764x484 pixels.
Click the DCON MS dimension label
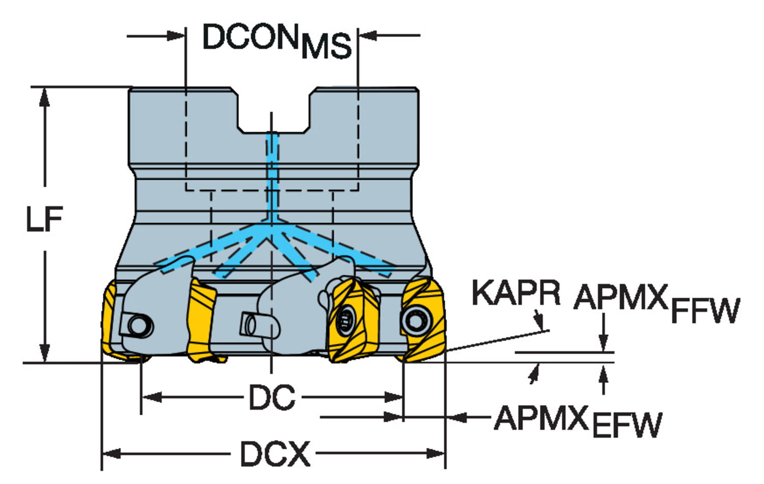(x=277, y=40)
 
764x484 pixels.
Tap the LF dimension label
(x=44, y=219)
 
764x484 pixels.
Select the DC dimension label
(x=271, y=397)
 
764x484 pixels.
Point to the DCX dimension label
(x=275, y=453)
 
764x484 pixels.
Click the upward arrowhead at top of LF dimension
(x=45, y=96)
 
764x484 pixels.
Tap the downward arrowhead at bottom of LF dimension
(x=45, y=353)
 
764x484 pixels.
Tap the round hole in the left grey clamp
(x=137, y=324)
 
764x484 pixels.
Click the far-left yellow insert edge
(x=108, y=321)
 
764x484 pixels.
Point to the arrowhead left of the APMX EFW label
(x=458, y=417)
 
